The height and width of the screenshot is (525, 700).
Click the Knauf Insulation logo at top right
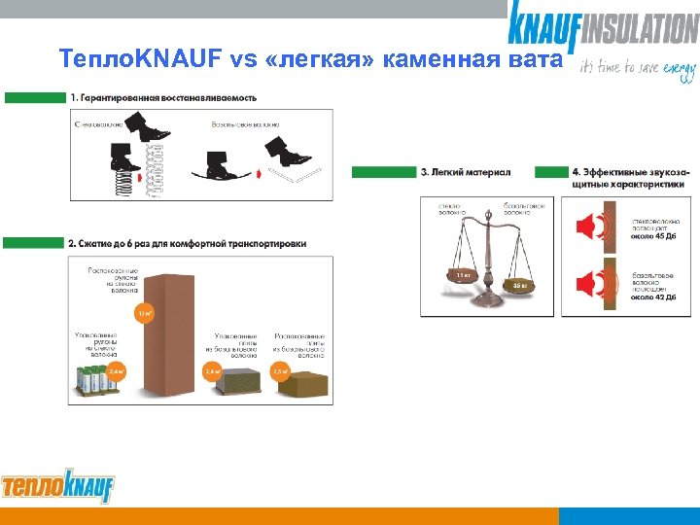point(602,27)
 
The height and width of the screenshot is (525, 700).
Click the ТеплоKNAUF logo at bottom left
point(57,483)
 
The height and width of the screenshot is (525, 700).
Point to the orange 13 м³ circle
point(145,313)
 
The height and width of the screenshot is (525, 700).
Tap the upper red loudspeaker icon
point(588,227)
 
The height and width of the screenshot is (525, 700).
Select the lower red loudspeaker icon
point(588,284)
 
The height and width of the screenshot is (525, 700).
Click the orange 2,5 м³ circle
point(280,371)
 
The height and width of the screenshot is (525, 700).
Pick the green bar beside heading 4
point(552,172)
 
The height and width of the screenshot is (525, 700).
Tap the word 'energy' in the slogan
point(679,69)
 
